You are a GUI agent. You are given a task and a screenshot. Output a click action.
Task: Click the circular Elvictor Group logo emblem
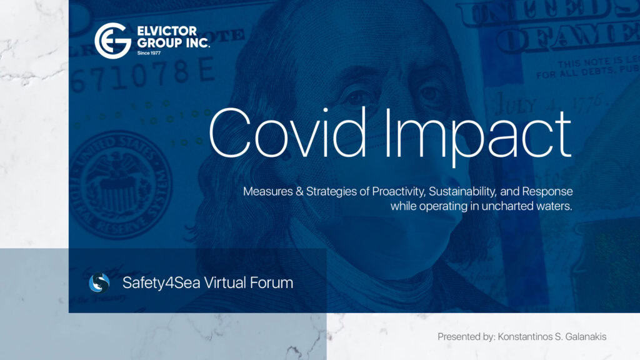(x=112, y=40)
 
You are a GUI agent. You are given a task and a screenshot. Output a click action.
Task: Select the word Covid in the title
(x=282, y=133)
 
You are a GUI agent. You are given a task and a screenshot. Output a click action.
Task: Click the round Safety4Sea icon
(x=99, y=283)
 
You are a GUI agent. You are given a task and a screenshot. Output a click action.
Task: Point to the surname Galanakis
(x=580, y=337)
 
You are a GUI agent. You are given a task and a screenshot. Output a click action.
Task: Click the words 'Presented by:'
(x=466, y=337)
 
